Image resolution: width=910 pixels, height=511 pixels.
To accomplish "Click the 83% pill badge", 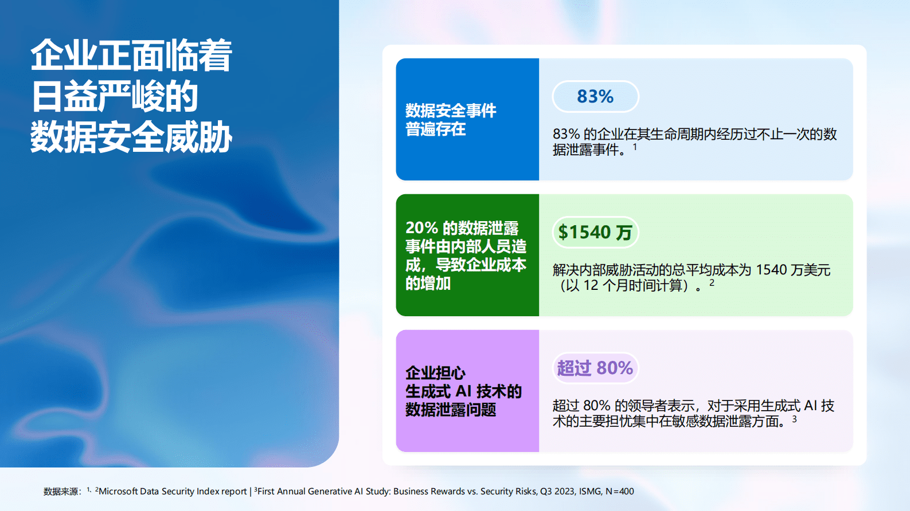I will (x=595, y=96).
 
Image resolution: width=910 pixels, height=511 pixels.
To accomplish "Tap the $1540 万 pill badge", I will (x=595, y=232).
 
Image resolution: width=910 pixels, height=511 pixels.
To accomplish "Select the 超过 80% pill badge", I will (x=595, y=368).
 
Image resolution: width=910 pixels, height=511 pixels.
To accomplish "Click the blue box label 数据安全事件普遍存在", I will (x=451, y=119).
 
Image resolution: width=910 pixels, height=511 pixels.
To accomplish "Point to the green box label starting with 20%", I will (x=466, y=255).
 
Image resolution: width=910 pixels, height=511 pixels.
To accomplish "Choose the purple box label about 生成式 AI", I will (x=463, y=391).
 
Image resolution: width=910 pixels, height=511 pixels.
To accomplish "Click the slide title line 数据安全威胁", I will (x=131, y=137).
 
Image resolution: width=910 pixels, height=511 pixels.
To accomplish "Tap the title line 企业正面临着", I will (x=131, y=56).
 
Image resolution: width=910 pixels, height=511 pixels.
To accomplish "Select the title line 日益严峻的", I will (x=114, y=96).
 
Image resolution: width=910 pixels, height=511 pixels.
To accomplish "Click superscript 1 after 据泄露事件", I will (x=635, y=147).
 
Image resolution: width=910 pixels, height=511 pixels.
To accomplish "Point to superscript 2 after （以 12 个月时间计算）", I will (x=712, y=283).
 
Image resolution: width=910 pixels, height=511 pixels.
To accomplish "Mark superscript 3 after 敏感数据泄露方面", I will (x=794, y=419).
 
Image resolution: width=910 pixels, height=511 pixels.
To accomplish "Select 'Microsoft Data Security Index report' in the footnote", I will (x=173, y=492).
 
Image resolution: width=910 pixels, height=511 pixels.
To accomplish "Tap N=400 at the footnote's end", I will (x=620, y=492).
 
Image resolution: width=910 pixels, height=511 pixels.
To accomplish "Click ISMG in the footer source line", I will (x=590, y=492).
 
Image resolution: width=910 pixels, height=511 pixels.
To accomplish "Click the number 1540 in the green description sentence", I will (x=771, y=270).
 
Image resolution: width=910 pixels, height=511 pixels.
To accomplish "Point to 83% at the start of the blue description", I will (x=566, y=134).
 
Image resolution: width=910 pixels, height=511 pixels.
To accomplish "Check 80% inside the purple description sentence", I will (x=596, y=406).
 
